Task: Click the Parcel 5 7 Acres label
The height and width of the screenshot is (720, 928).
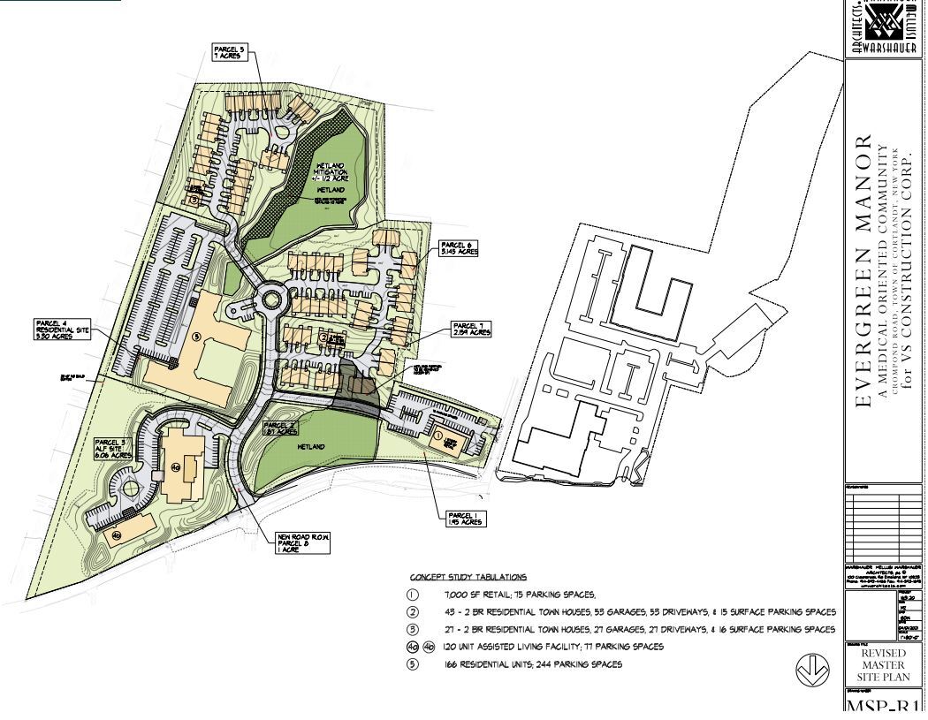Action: (x=228, y=51)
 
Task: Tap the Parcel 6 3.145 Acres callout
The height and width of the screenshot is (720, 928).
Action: (x=460, y=248)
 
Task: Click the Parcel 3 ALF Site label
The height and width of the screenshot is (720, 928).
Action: (x=115, y=447)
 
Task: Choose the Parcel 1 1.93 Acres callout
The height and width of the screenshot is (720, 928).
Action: (x=463, y=519)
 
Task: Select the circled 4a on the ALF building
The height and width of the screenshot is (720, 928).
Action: (x=175, y=466)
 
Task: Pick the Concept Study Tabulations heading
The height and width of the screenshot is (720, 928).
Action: (x=468, y=576)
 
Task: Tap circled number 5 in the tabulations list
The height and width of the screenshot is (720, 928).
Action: (x=412, y=664)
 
